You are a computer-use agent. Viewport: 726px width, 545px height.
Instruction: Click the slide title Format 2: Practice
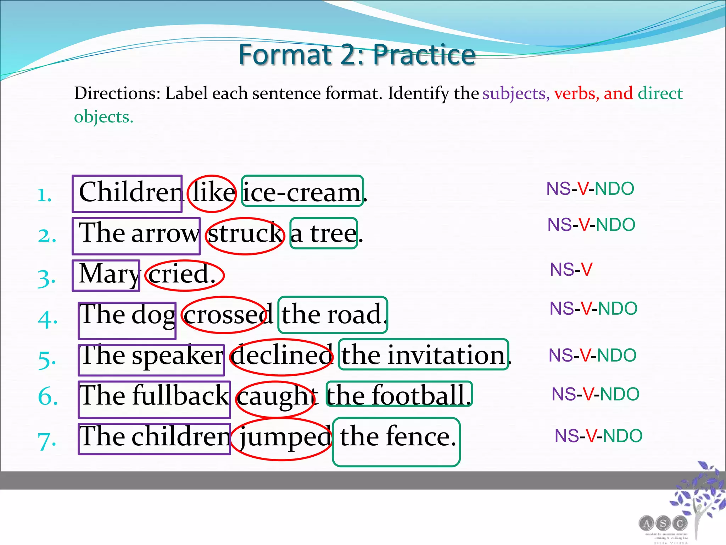357,55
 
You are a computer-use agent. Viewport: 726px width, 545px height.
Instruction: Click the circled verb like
212,193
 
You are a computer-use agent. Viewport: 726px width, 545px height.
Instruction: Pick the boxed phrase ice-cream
302,192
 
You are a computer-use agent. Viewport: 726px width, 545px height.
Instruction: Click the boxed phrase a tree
323,233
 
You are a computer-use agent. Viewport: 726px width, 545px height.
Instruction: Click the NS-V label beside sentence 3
571,270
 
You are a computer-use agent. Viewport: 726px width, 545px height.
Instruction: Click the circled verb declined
282,356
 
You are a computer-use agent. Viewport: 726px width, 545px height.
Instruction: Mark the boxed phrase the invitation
423,355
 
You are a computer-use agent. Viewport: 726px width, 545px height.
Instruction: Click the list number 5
47,359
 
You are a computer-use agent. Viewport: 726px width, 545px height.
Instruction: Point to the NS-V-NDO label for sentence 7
598,436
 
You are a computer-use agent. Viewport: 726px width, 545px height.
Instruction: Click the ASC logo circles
663,523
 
